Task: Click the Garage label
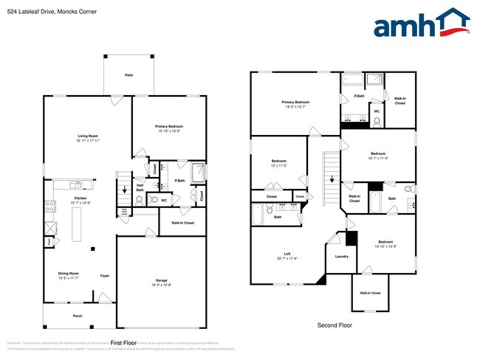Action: tap(161, 281)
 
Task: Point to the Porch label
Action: tap(78, 316)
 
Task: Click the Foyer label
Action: tap(106, 275)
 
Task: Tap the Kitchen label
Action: tap(80, 199)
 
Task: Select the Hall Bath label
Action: tap(140, 187)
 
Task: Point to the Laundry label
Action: tap(341, 257)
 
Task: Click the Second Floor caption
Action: tap(334, 325)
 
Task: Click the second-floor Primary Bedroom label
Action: tap(295, 103)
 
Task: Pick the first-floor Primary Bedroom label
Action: tap(169, 128)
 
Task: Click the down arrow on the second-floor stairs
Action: tap(332, 179)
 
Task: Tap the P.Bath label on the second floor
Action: tap(359, 96)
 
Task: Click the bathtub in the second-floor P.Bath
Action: tap(353, 79)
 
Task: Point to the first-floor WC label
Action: tap(164, 199)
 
